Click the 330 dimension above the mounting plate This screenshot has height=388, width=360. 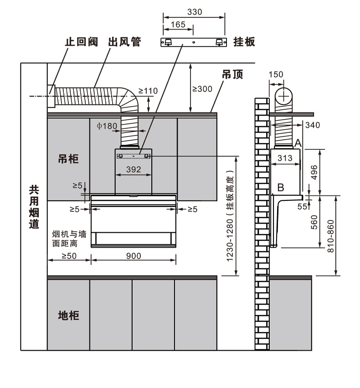point(194,12)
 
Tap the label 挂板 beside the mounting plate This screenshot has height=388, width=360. point(244,42)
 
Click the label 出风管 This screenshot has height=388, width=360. point(124,42)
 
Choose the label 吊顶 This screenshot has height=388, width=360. point(232,75)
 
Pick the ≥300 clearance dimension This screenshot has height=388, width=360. point(202,89)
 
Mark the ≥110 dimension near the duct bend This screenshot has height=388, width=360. point(148,91)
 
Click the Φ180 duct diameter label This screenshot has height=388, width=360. point(107,126)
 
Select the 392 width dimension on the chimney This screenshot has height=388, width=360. point(133,169)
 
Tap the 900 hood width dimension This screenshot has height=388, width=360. point(133,256)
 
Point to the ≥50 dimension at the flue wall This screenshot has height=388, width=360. point(69,256)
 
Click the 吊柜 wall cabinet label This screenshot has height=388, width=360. point(68,159)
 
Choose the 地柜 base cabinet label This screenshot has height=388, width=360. point(68,315)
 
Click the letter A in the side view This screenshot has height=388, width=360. point(298,143)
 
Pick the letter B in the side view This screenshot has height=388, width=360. point(281,187)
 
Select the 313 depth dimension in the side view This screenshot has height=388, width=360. point(285,158)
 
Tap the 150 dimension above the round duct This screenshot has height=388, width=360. point(276,75)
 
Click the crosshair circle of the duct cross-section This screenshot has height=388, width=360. point(284,97)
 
